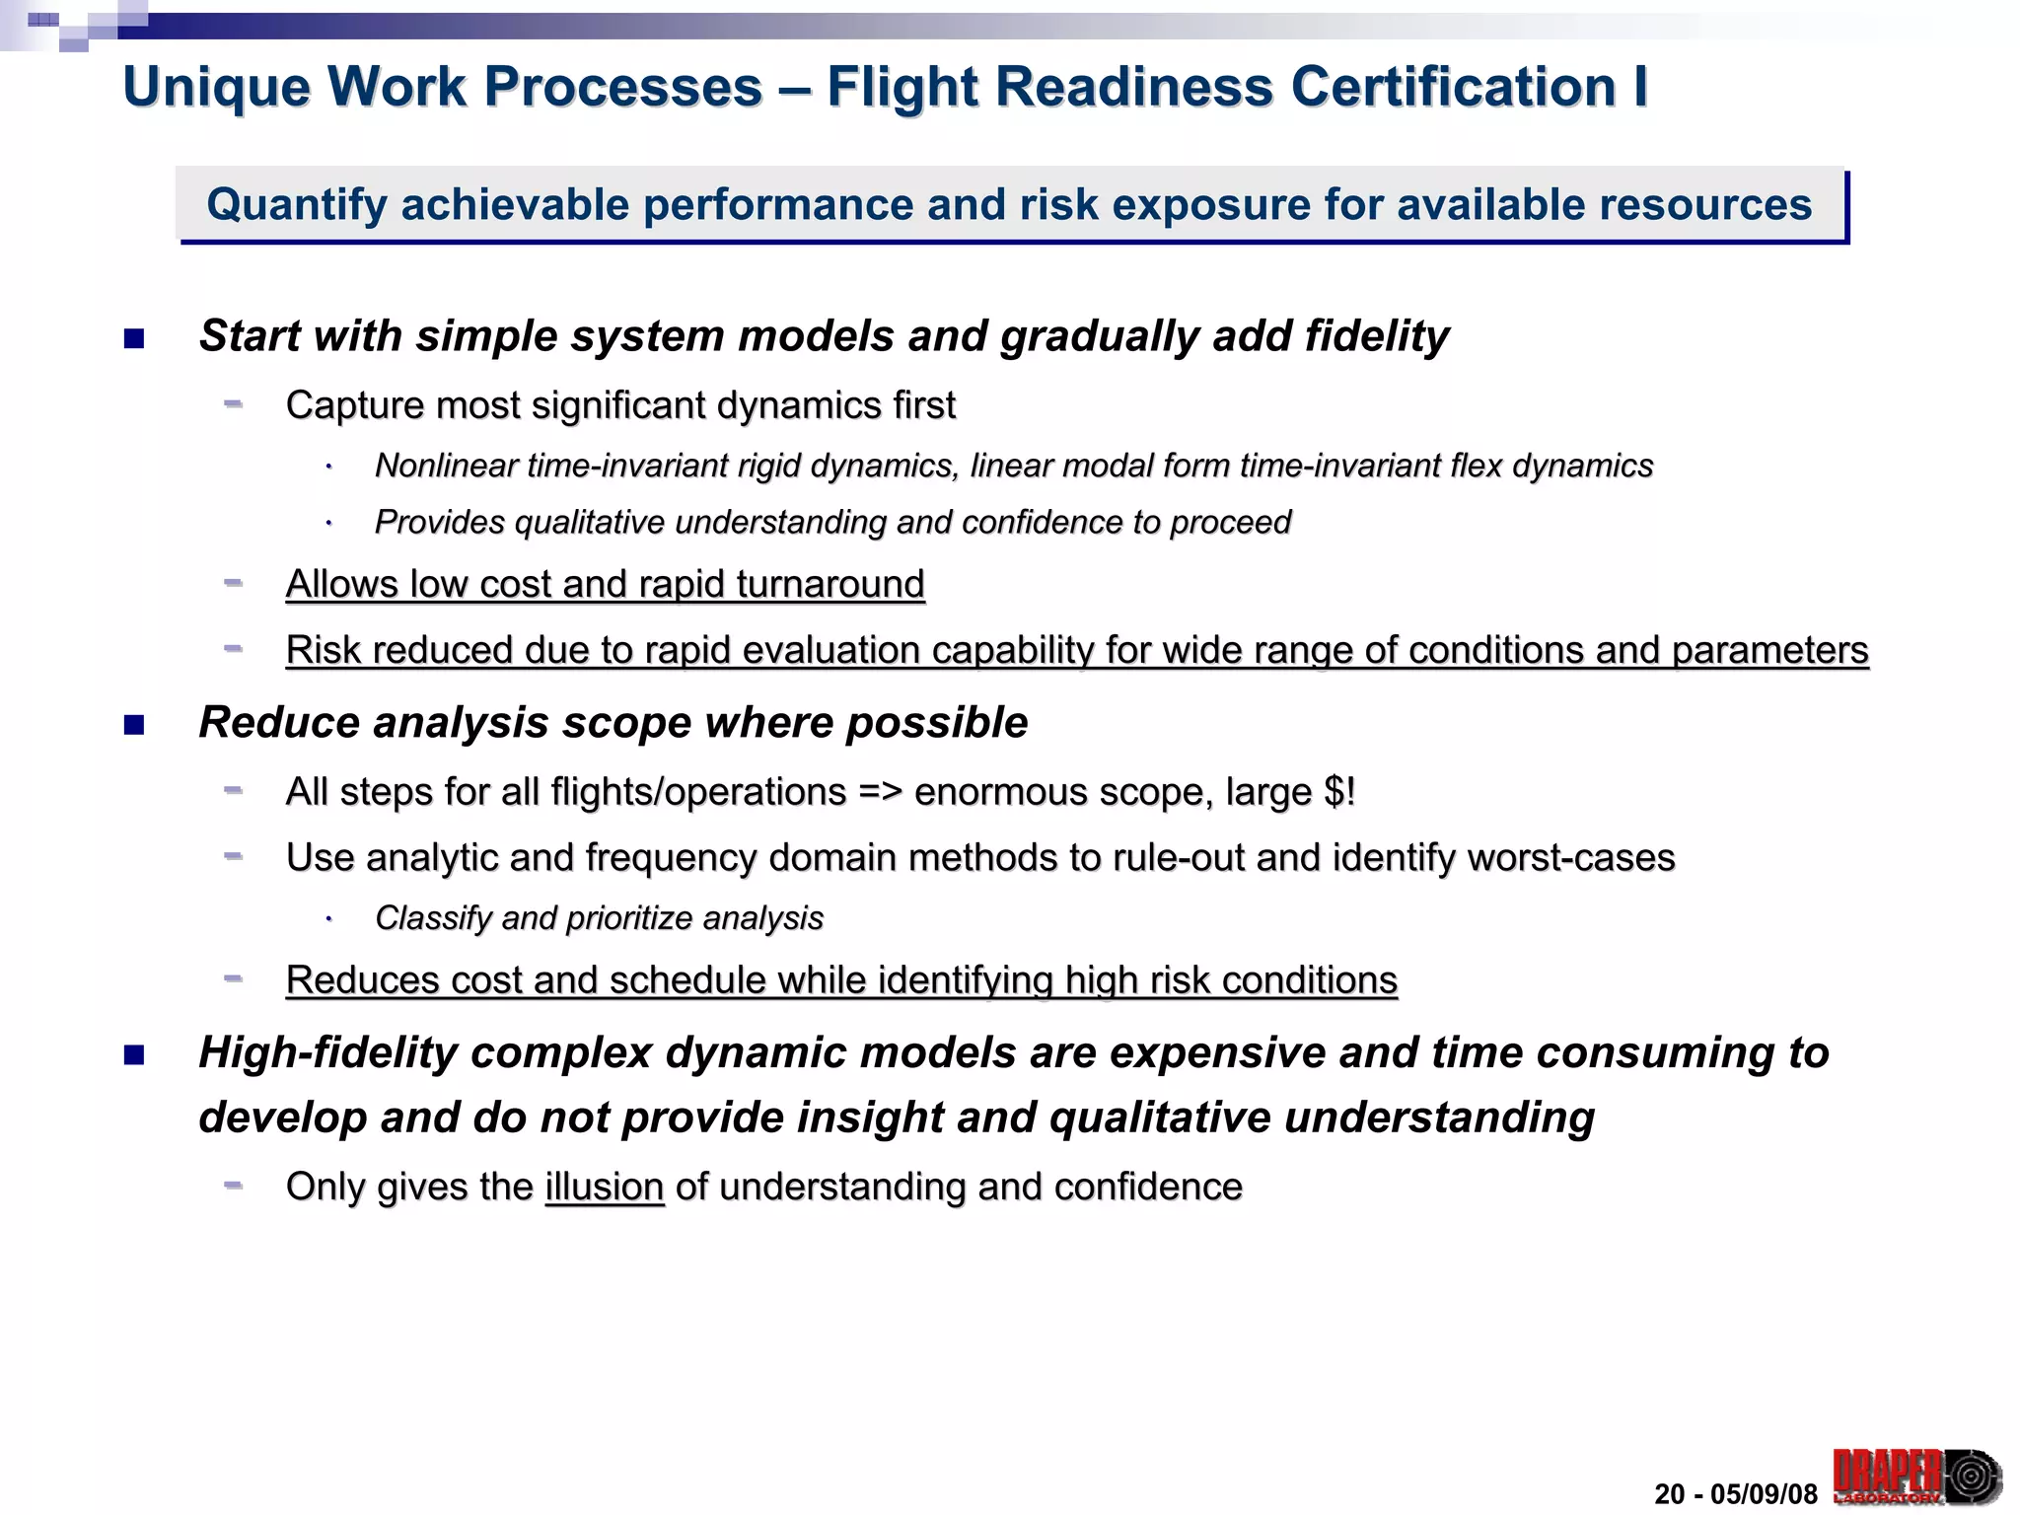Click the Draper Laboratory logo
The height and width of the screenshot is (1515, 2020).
(1916, 1477)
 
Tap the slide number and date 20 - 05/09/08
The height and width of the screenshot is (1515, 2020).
(1735, 1494)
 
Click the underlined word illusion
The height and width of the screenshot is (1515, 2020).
(605, 1187)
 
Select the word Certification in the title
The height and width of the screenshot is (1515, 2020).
(1453, 87)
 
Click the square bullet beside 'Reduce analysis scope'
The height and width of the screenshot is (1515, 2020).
(134, 726)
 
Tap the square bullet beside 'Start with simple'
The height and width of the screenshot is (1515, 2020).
(134, 339)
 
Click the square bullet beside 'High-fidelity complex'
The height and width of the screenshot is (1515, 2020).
(134, 1056)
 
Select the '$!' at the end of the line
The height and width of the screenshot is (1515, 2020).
(1339, 792)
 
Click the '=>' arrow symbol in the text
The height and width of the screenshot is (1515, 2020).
(880, 792)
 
